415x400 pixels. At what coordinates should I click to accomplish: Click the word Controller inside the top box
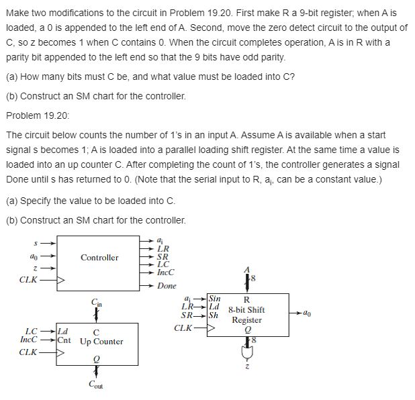pyautogui.click(x=99, y=258)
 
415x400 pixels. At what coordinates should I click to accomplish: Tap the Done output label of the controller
pyautogui.click(x=167, y=286)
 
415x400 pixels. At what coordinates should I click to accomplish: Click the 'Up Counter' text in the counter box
pyautogui.click(x=101, y=342)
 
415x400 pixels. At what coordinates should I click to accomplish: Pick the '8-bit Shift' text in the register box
pyautogui.click(x=246, y=310)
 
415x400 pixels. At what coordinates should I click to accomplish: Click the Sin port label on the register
pyautogui.click(x=215, y=298)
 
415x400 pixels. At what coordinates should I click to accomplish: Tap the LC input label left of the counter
pyautogui.click(x=32, y=332)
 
